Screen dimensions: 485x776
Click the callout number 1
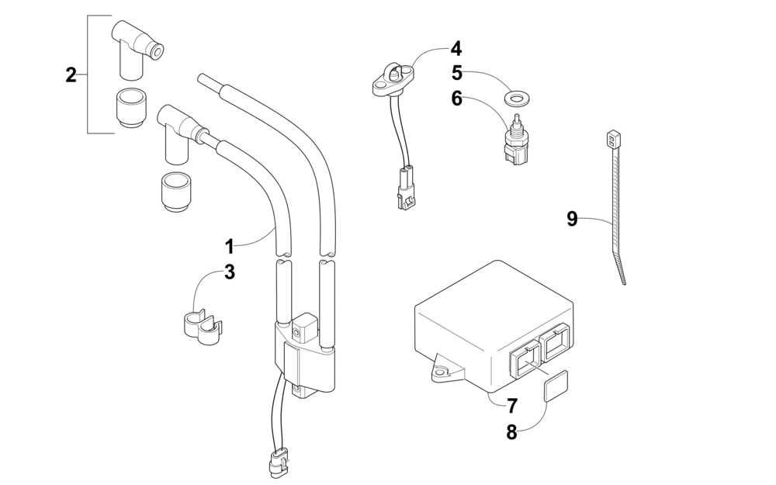click(230, 247)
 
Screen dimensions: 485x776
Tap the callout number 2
click(71, 75)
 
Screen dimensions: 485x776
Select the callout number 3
click(230, 272)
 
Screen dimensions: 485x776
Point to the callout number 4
click(456, 48)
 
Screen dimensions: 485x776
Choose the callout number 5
click(457, 74)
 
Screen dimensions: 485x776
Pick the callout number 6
click(457, 99)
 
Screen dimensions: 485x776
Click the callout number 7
click(512, 405)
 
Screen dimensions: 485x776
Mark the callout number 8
click(512, 433)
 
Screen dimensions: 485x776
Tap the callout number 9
click(572, 220)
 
